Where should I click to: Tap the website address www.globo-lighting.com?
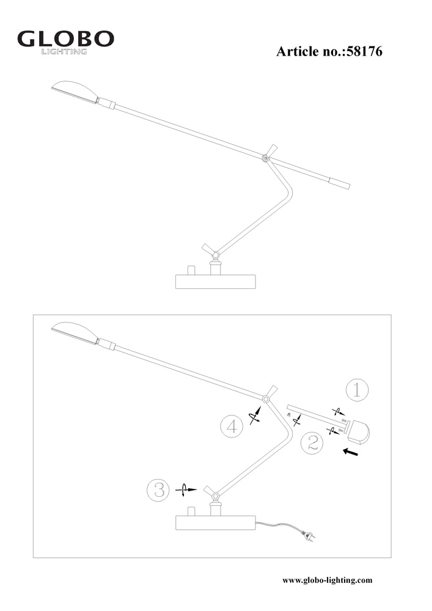point(328,580)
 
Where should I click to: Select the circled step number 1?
point(357,390)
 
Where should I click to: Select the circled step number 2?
point(312,443)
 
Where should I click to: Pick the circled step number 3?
point(158,489)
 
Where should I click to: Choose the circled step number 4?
point(232,426)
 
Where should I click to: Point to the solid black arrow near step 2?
point(350,452)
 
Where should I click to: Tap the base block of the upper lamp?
point(216,282)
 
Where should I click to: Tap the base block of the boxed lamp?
point(216,523)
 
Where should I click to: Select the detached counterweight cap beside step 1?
point(359,432)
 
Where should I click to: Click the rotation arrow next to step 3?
point(186,489)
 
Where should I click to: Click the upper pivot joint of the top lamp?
point(265,158)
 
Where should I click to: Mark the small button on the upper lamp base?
point(191,270)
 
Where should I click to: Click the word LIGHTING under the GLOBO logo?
point(64,51)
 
